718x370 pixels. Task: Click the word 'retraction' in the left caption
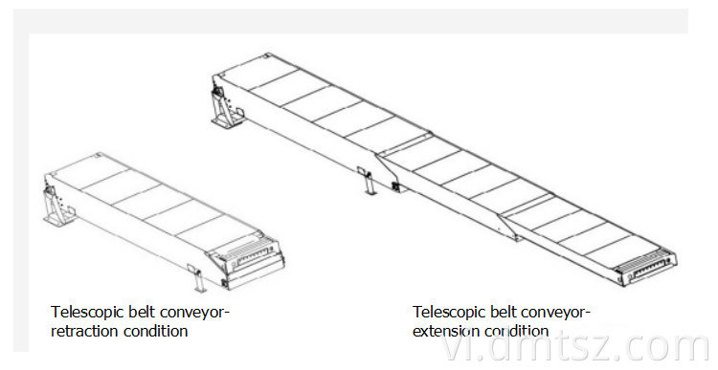pos(83,331)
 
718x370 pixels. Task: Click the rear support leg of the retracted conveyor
pos(55,206)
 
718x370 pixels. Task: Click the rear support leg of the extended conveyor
pos(223,106)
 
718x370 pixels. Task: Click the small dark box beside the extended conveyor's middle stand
pos(395,186)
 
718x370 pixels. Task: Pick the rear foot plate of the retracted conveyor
pos(56,221)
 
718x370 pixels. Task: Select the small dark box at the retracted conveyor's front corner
pos(225,283)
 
